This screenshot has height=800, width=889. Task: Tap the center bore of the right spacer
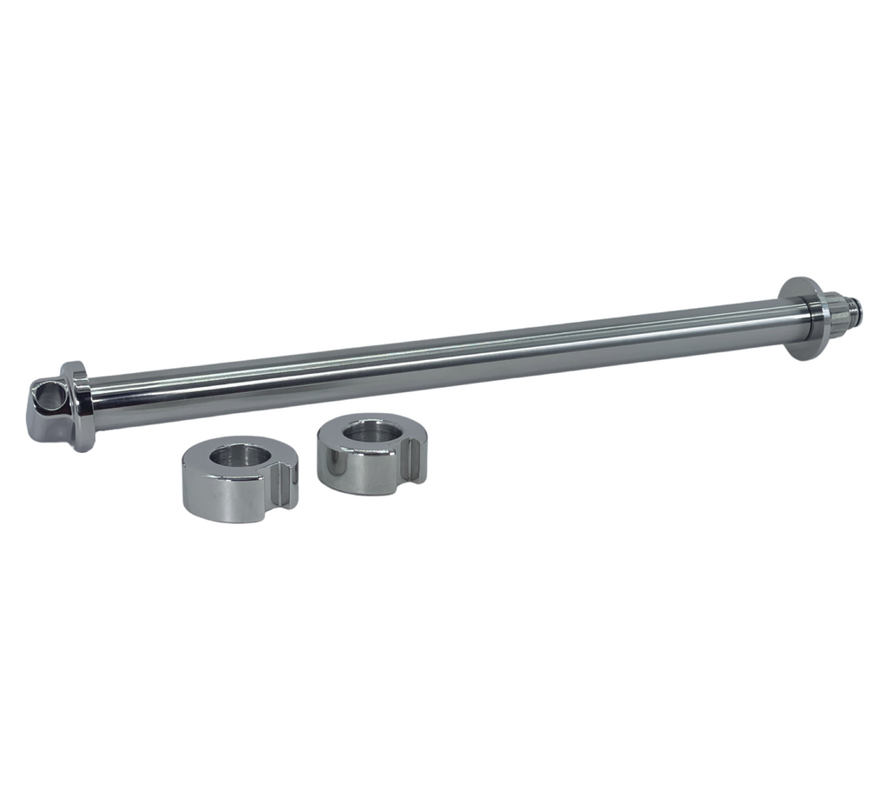tap(367, 430)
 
